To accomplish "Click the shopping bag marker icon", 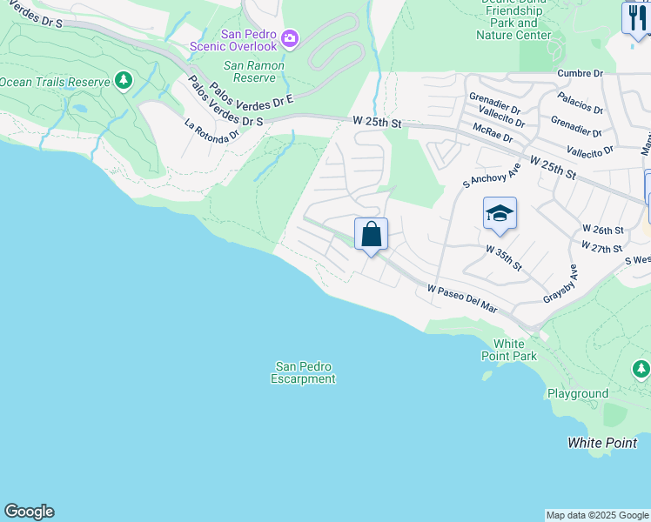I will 371,234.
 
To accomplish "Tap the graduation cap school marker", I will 500,214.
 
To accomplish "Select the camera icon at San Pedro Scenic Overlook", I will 290,38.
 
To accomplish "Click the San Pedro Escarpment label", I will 303,372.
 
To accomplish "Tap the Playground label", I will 578,394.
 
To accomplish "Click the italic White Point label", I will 602,443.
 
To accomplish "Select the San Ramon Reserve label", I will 250,71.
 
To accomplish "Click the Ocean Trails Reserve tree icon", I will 124,82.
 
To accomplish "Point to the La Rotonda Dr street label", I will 211,131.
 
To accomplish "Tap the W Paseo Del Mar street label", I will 462,298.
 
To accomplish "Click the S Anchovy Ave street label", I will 491,174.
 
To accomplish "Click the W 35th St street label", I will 504,258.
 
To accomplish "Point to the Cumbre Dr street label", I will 581,75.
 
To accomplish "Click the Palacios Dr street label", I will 581,103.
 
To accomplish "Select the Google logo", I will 29,512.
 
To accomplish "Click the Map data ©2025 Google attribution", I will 597,515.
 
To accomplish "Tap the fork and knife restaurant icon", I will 636,17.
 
